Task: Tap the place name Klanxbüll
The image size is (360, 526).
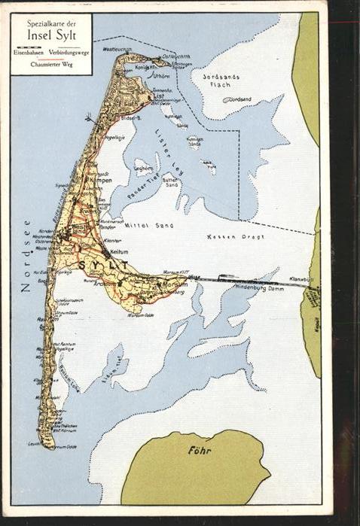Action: [x=301, y=278]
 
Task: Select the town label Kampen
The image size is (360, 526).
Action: [x=100, y=181]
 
